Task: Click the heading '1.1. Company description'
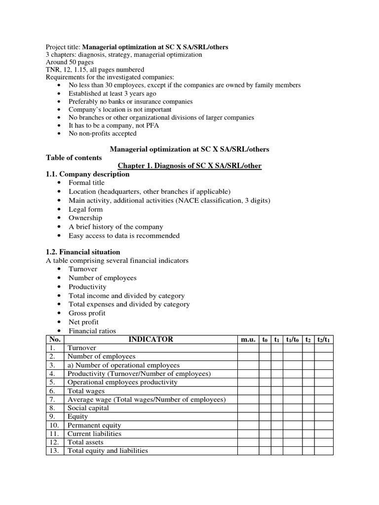[87, 174]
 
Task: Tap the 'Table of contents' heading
[74, 157]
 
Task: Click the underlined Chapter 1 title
[189, 166]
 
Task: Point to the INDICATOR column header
[151, 339]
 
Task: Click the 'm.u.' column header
[248, 339]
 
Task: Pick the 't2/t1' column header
[324, 339]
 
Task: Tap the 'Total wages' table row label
[86, 391]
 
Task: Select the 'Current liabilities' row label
[94, 433]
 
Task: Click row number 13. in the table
[54, 451]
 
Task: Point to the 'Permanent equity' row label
[94, 425]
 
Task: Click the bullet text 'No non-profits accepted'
[103, 133]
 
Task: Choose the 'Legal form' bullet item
[86, 209]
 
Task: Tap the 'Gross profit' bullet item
[87, 313]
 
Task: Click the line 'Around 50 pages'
[70, 62]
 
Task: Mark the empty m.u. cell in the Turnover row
[248, 348]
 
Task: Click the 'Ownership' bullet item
[85, 218]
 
